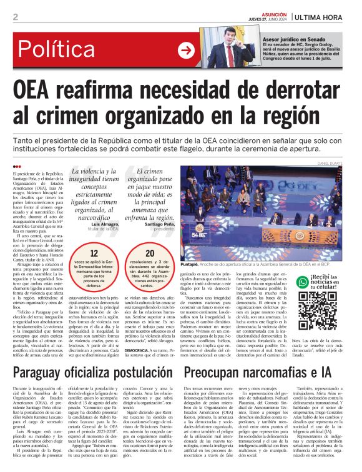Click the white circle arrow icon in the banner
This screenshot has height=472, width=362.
click(x=186, y=50)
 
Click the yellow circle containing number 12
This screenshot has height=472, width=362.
click(x=94, y=253)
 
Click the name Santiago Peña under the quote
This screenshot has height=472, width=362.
click(x=160, y=224)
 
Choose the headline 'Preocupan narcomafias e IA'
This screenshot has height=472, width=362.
click(x=261, y=373)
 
